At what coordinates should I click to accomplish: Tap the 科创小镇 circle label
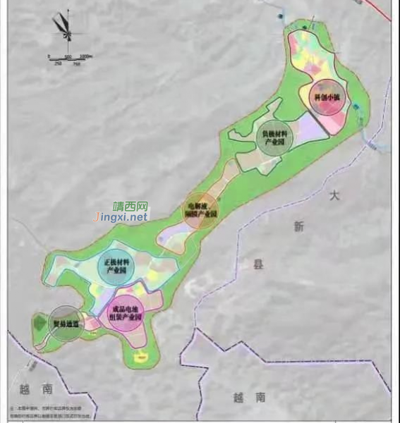pos(325,98)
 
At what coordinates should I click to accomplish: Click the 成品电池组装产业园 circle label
pos(128,313)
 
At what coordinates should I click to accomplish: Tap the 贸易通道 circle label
pos(65,324)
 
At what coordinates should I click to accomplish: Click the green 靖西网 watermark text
pos(132,207)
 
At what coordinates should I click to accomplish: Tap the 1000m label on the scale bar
pos(87,56)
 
